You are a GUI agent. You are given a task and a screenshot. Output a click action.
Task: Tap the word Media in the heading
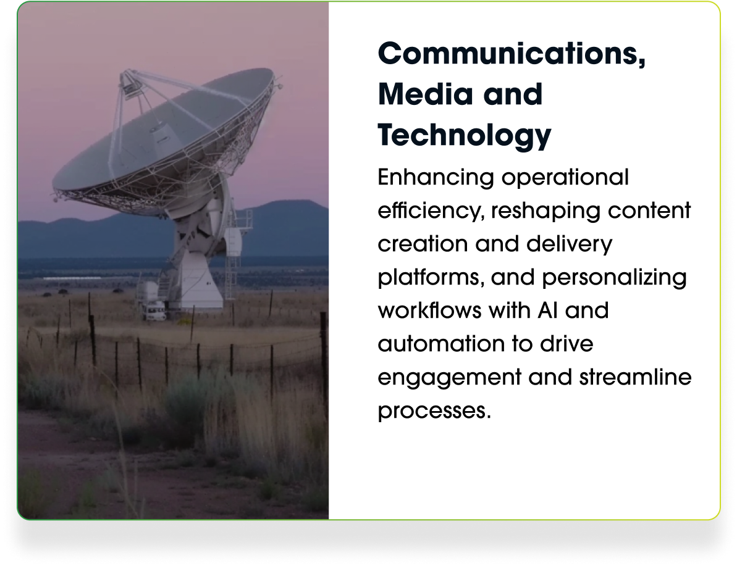tap(425, 94)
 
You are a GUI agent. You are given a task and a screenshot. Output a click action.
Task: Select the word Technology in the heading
tap(465, 136)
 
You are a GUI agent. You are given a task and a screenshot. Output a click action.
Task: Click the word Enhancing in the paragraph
tap(436, 178)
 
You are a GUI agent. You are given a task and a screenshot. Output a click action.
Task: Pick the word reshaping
tap(545, 211)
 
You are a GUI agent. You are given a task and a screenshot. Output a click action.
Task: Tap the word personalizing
tap(614, 278)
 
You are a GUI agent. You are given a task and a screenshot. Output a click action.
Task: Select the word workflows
tap(429, 310)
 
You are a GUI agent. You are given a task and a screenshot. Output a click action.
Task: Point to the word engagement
tap(449, 378)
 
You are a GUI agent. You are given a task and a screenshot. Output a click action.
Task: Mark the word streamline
tap(635, 377)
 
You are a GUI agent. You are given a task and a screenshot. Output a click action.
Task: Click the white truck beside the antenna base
tap(154, 312)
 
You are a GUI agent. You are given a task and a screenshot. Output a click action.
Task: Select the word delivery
tap(569, 244)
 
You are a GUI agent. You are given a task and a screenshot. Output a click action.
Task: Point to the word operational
tap(565, 178)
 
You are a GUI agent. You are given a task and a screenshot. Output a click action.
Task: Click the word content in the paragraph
tap(649, 211)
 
